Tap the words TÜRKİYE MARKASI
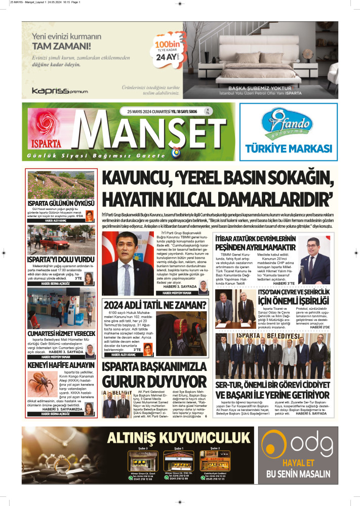tap(288, 148)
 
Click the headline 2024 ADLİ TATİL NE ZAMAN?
tap(154, 305)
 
